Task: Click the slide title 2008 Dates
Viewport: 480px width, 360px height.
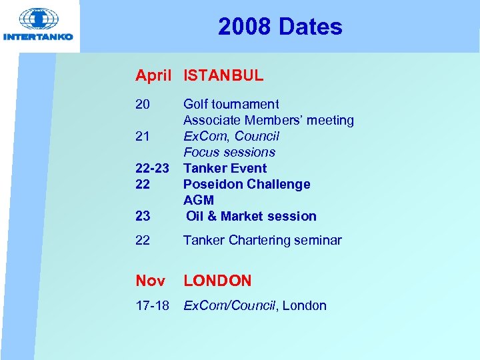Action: coord(280,27)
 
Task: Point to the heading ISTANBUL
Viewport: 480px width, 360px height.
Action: coord(223,76)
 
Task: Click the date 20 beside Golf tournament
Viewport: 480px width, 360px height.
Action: coord(143,104)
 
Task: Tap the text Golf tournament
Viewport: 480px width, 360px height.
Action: coord(231,104)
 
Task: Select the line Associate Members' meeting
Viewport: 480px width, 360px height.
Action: coord(268,120)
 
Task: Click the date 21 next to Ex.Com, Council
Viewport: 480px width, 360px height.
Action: coord(143,136)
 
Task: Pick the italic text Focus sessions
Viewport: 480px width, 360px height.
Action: coord(229,152)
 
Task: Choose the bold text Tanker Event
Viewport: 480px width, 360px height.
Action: coord(225,168)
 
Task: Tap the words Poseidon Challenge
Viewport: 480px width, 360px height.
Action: coord(247,184)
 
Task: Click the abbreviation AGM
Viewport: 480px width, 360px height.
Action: coord(199,200)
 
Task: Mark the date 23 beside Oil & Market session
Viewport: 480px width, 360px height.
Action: coord(143,216)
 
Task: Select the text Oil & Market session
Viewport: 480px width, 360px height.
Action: coord(251,216)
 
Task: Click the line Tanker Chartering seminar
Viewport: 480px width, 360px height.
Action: coord(262,240)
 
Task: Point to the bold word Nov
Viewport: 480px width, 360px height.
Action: coord(150,281)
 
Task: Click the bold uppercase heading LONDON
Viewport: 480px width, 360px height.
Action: coord(217,281)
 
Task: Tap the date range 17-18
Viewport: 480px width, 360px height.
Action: coord(153,306)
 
